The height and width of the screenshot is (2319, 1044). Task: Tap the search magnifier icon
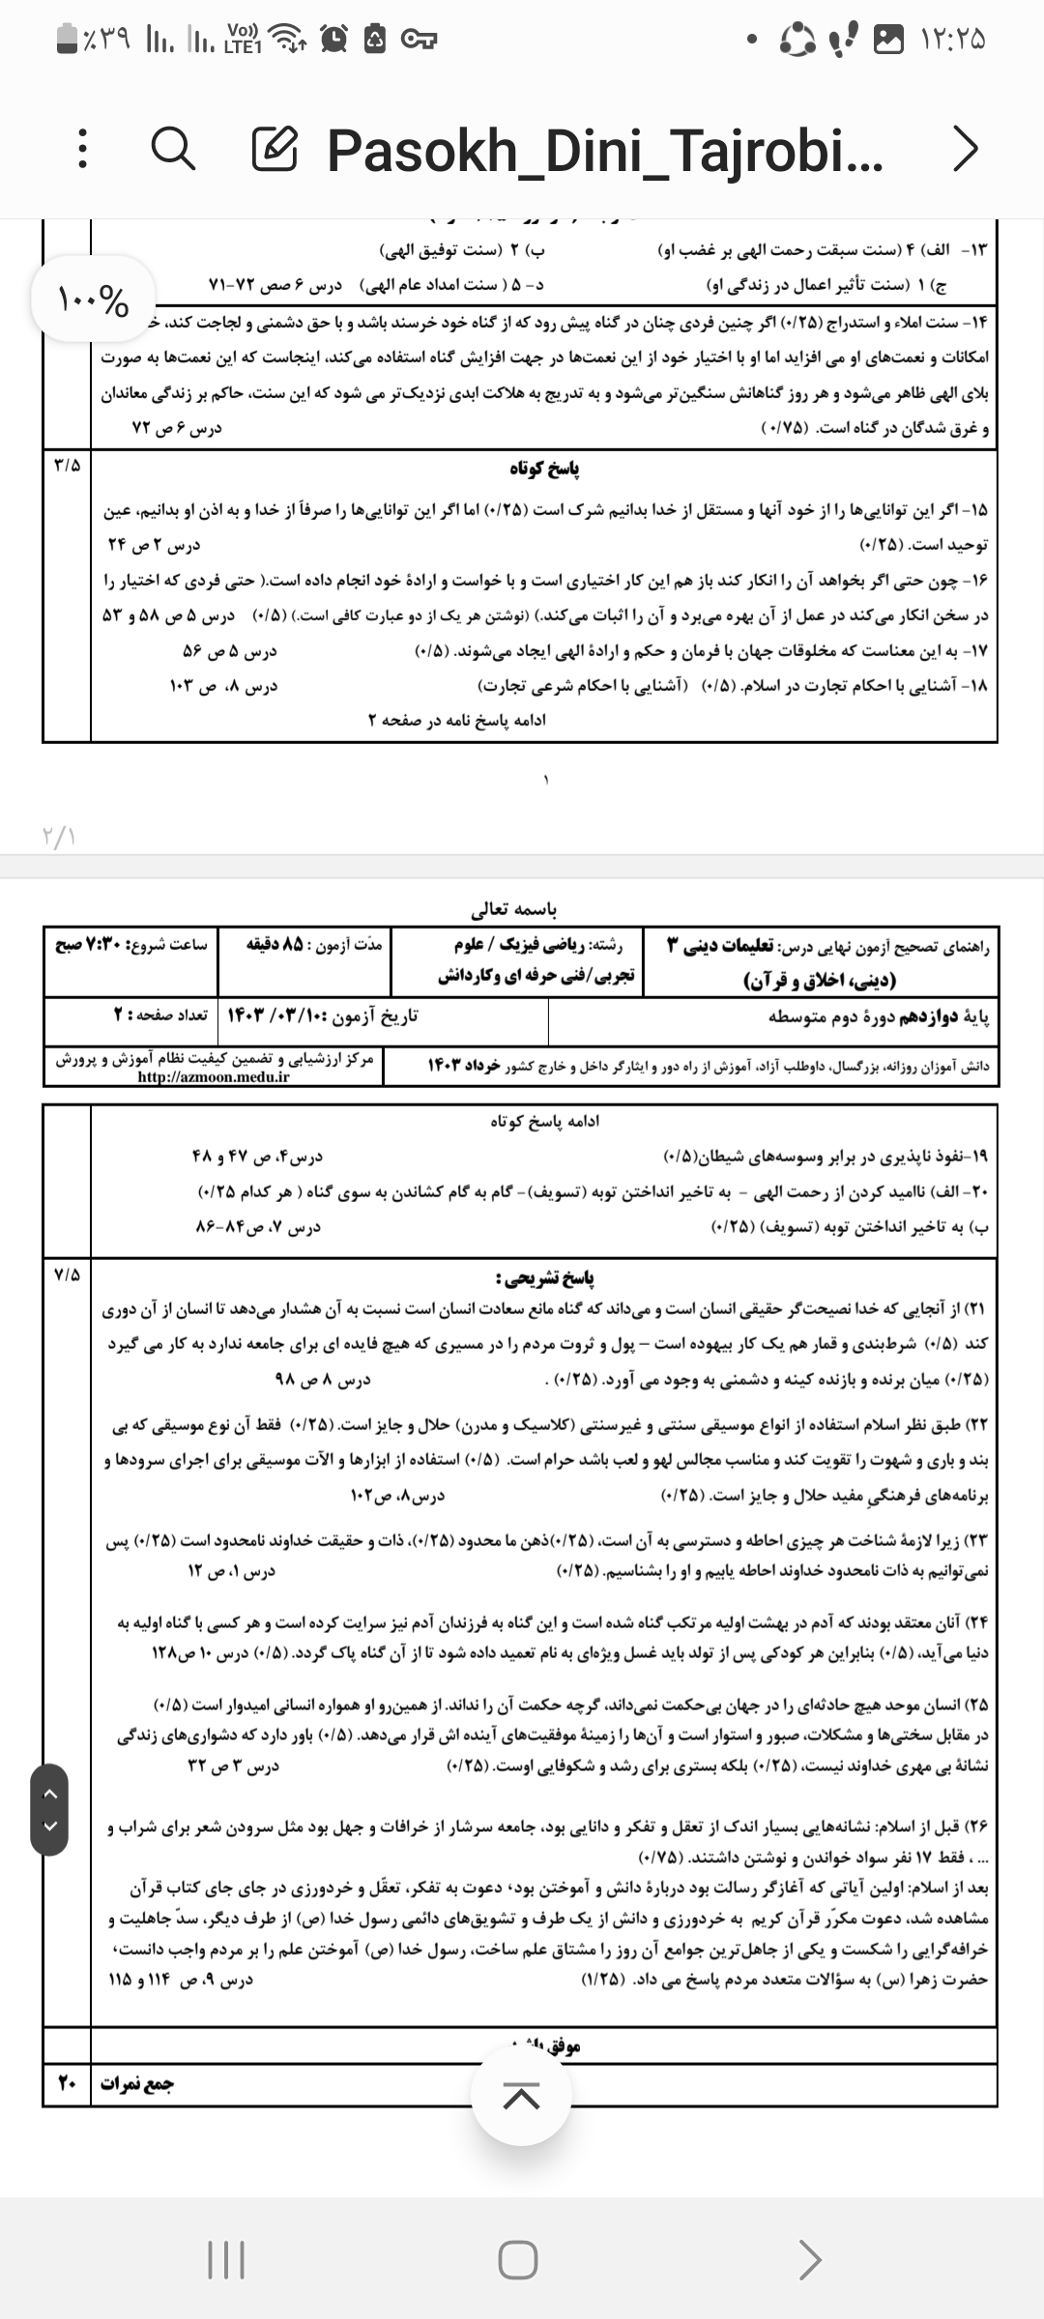(174, 150)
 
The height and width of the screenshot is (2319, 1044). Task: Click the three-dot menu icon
(83, 150)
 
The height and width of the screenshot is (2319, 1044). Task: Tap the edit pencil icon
(275, 150)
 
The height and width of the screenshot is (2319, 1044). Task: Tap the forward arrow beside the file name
(965, 150)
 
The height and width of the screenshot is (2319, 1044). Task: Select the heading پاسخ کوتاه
(544, 469)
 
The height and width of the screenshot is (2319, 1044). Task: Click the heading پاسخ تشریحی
(544, 1278)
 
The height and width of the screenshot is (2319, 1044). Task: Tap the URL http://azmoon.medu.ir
(214, 1076)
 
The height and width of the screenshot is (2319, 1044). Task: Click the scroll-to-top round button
(521, 2095)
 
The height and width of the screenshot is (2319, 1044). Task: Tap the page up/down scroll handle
(49, 1810)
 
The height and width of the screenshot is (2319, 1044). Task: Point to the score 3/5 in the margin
(67, 465)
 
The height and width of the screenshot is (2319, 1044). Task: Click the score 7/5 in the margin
(67, 1274)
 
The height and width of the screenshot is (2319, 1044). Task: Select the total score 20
(67, 2084)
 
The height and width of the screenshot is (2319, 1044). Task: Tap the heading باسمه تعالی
(513, 909)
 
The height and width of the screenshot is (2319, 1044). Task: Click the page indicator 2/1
(59, 836)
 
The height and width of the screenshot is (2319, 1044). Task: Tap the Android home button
(518, 2258)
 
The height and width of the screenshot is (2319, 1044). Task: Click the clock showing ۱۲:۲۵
(953, 40)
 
